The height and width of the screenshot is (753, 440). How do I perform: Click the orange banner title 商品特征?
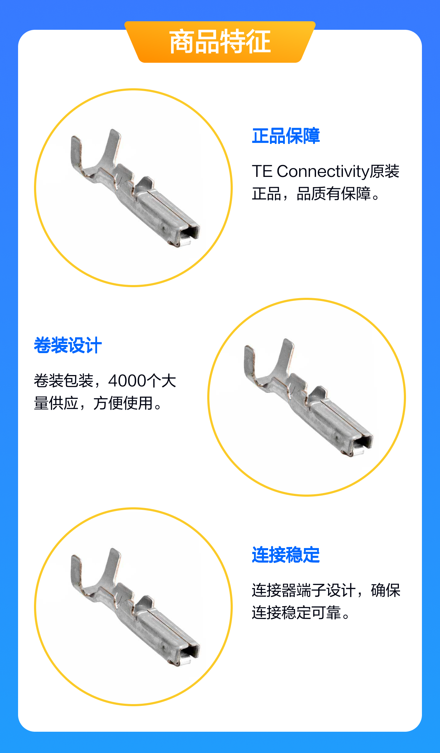click(220, 42)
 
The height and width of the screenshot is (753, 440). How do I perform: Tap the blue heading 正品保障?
click(286, 136)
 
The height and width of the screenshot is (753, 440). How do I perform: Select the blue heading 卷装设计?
click(68, 345)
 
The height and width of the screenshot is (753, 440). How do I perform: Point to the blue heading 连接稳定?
click(286, 555)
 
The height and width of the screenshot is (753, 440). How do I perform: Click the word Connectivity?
click(323, 172)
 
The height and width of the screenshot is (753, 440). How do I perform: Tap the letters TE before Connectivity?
click(262, 172)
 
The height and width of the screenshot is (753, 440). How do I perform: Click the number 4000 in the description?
click(128, 381)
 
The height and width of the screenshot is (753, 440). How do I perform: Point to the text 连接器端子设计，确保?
click(326, 590)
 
